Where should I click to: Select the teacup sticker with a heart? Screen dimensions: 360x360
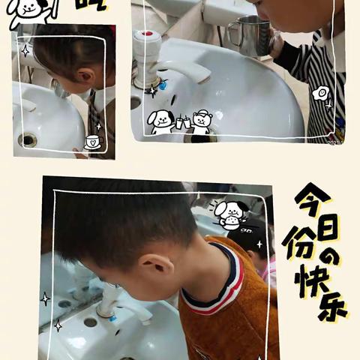[92, 141]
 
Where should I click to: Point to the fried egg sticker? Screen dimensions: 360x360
[320, 93]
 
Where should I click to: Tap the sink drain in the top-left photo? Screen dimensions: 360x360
[28, 139]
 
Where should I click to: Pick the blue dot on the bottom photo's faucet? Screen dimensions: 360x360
[112, 318]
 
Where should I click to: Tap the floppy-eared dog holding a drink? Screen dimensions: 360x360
[161, 121]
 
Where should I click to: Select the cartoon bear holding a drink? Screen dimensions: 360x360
[200, 121]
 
